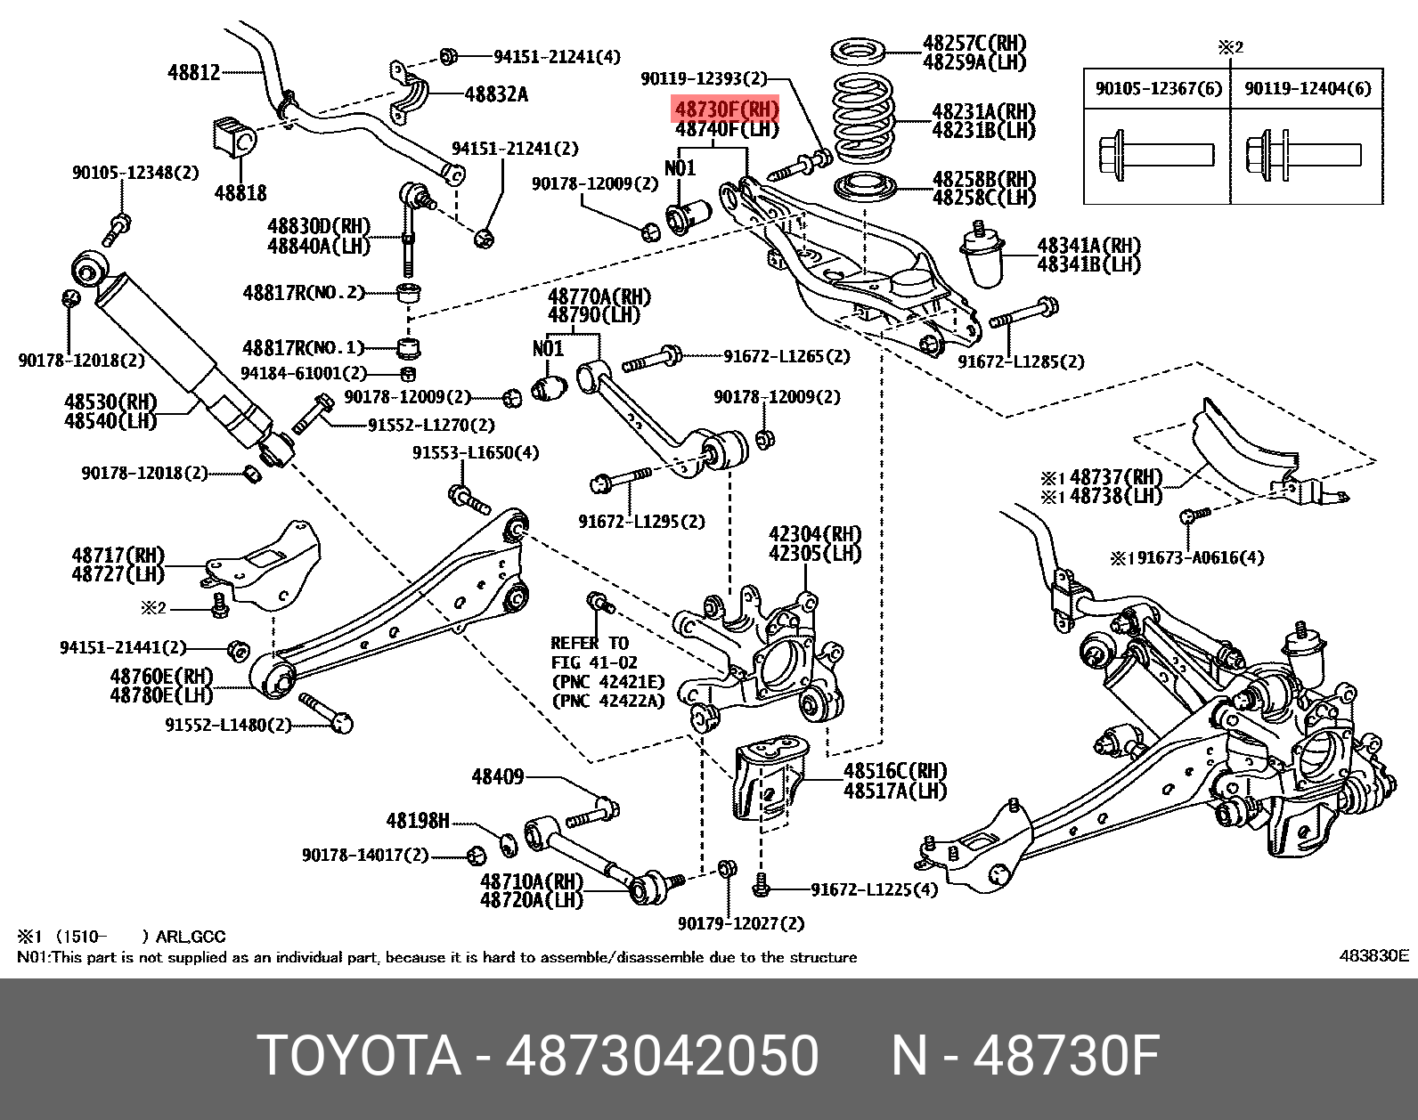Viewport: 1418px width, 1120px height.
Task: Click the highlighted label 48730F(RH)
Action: (727, 110)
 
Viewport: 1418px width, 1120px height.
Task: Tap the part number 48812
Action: (193, 72)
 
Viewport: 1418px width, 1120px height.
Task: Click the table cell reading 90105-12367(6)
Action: (1158, 88)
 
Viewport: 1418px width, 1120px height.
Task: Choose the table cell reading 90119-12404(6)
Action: (1308, 88)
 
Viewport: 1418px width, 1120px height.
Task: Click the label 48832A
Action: (496, 93)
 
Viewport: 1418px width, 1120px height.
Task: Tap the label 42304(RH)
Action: (815, 534)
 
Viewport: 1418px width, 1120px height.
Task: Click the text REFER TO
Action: (590, 643)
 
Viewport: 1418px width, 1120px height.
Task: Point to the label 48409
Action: (497, 777)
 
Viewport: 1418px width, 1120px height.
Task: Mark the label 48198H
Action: (418, 820)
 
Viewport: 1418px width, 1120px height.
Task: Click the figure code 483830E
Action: (1373, 955)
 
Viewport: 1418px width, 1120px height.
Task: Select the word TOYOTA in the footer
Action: (359, 1056)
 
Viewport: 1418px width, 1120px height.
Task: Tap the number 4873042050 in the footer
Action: (662, 1056)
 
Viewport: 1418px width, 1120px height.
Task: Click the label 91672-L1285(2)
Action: (1021, 361)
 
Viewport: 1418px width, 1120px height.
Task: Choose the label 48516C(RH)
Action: (894, 771)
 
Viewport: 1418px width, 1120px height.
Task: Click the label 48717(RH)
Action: (118, 556)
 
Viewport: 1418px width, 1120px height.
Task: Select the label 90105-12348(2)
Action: (135, 172)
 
